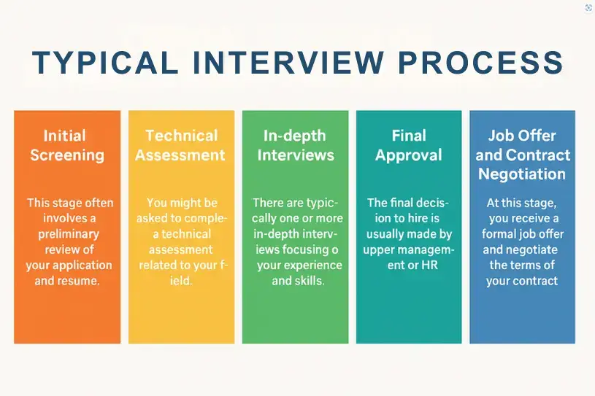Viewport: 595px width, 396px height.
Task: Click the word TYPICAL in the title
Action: tap(105, 63)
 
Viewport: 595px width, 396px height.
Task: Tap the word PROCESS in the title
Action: tap(480, 63)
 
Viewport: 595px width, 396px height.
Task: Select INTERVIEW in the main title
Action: tap(288, 63)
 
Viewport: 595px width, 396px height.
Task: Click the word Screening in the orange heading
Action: tap(67, 155)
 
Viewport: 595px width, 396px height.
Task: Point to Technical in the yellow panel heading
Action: tap(181, 136)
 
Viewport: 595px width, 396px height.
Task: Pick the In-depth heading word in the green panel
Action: tap(295, 136)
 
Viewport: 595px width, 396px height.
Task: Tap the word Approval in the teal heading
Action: tap(409, 155)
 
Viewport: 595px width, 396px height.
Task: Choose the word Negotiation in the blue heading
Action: tap(522, 174)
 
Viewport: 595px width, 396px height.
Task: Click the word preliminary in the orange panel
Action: tap(69, 234)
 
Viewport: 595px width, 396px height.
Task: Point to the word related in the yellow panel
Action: tap(156, 265)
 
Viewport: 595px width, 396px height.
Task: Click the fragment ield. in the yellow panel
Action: tap(181, 281)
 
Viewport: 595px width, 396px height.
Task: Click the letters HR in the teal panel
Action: tap(429, 265)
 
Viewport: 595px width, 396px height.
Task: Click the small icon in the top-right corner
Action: tap(588, 8)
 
